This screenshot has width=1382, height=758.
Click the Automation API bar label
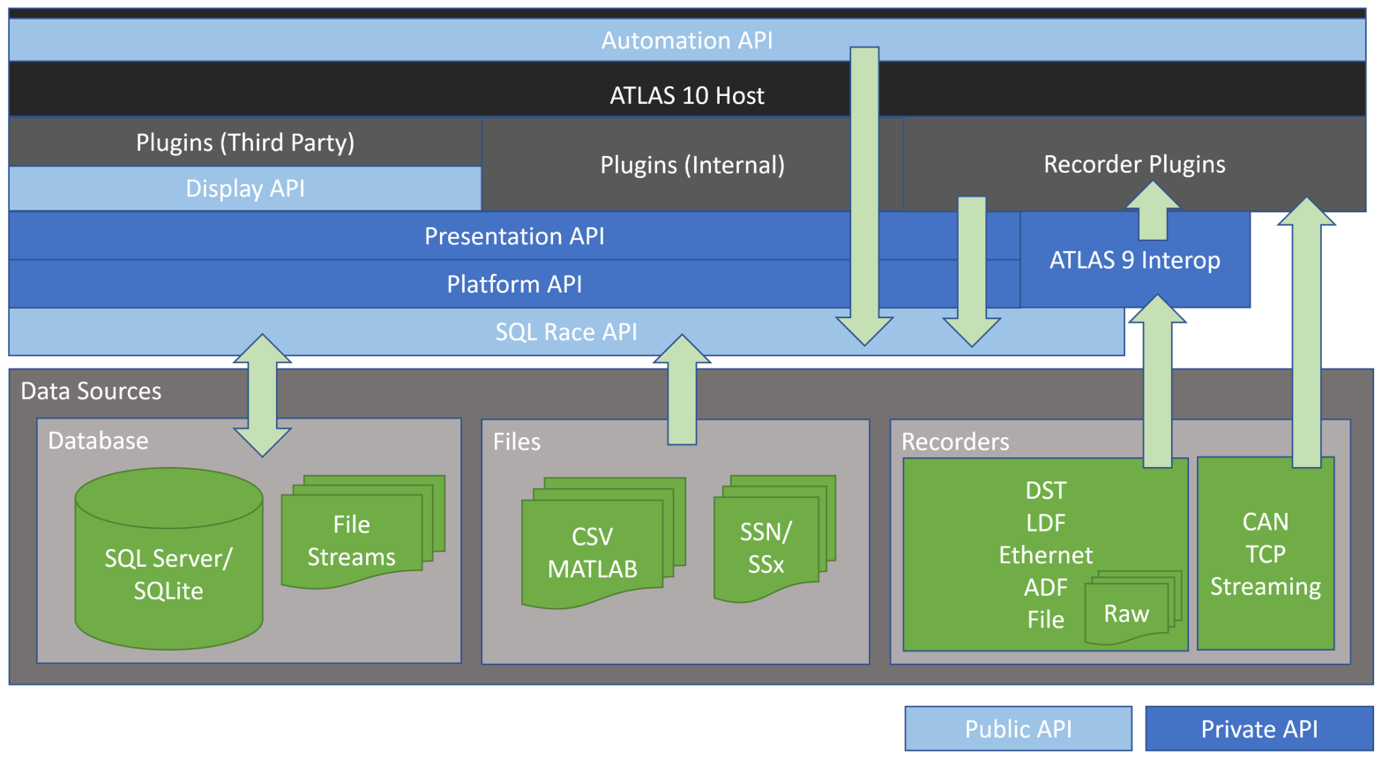[687, 41]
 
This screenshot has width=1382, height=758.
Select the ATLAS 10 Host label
[687, 95]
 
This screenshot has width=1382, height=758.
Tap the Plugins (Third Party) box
[245, 143]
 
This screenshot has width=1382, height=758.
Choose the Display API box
[245, 189]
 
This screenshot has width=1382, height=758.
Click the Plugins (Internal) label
[692, 165]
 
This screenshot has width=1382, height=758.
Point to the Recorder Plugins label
[1134, 164]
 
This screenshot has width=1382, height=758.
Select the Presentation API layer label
[514, 236]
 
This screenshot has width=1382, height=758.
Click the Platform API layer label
[514, 284]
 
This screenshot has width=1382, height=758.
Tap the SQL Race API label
[566, 332]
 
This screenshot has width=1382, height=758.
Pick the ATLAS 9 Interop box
[1134, 260]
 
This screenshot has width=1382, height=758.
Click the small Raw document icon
[1127, 613]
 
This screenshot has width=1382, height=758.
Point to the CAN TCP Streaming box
[1265, 554]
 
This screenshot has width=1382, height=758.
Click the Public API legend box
[1018, 729]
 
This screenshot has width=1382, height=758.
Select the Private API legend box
[1259, 729]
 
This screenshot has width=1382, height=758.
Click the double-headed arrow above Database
[262, 395]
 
